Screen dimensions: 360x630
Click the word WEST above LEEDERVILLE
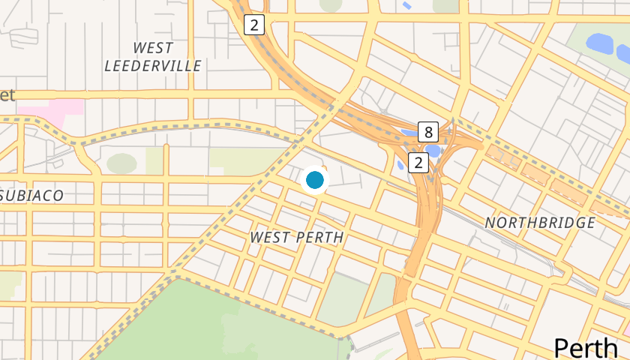click(x=152, y=47)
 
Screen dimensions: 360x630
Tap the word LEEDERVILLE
click(x=152, y=66)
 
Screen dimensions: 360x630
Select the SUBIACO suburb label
click(x=31, y=195)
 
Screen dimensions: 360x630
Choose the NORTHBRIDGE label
click(x=540, y=223)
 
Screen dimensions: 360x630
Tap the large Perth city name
click(x=586, y=347)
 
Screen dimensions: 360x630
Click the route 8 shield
click(x=428, y=132)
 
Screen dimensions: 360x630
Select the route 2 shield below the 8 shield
click(x=418, y=162)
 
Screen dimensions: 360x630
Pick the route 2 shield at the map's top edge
click(x=255, y=25)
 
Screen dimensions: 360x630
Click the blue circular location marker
click(x=315, y=180)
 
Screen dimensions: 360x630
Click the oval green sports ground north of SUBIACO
click(x=121, y=163)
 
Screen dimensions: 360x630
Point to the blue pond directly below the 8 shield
click(x=434, y=151)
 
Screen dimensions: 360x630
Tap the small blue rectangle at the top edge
click(x=406, y=4)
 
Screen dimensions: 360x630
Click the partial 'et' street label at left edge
click(x=7, y=95)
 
